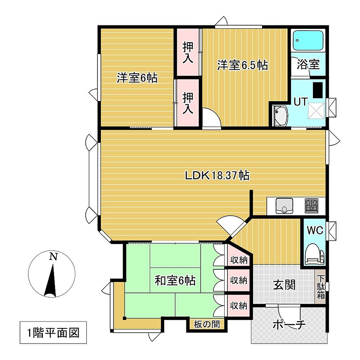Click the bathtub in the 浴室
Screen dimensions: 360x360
point(308,41)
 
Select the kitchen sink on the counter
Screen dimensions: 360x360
point(284,206)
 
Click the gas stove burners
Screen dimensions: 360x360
point(311,205)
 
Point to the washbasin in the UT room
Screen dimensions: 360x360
point(279,116)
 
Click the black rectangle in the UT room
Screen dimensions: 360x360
point(318,90)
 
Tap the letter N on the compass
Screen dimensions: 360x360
point(53,256)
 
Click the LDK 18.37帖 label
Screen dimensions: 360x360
point(217,176)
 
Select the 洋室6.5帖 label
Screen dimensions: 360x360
point(243,65)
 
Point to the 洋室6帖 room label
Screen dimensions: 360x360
point(137,78)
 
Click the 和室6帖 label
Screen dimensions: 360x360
point(175,280)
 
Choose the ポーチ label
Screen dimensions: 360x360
point(289,324)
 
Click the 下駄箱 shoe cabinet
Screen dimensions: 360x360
point(321,287)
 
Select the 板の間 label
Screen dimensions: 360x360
point(207,324)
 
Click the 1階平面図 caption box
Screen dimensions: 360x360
point(53,333)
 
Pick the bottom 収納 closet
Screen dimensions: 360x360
point(239,306)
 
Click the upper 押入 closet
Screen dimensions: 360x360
point(188,52)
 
